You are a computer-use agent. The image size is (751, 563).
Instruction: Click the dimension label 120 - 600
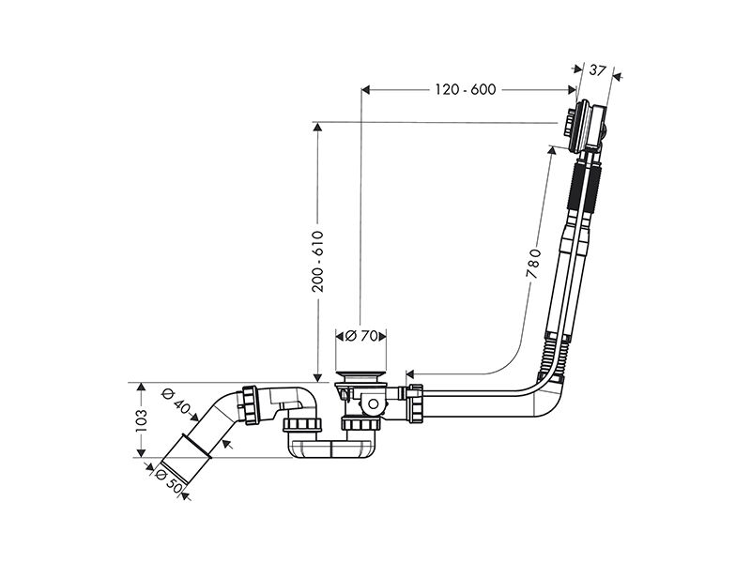(x=465, y=89)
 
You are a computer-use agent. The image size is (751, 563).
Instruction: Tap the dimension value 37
(x=597, y=71)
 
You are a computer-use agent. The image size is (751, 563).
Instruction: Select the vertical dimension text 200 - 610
(x=317, y=262)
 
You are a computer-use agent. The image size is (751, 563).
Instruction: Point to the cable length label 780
(x=532, y=264)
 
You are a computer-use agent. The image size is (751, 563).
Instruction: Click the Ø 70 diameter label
(x=361, y=336)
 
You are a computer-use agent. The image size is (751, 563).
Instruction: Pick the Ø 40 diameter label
(x=176, y=402)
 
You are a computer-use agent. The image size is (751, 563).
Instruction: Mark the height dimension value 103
(x=141, y=419)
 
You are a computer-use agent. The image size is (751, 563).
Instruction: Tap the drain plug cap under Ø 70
(x=360, y=373)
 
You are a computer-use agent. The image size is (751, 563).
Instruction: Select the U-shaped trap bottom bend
(x=331, y=448)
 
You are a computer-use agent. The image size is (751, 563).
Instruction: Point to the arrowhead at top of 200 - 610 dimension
(x=317, y=127)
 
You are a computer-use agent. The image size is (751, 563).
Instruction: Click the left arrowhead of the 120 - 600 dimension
(x=366, y=89)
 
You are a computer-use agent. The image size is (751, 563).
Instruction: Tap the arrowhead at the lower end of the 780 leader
(x=410, y=373)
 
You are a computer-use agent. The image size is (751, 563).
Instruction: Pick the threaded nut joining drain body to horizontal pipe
(x=415, y=403)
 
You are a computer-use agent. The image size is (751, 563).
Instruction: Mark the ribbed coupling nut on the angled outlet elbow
(x=251, y=404)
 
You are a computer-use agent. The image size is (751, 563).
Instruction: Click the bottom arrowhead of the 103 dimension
(x=141, y=452)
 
